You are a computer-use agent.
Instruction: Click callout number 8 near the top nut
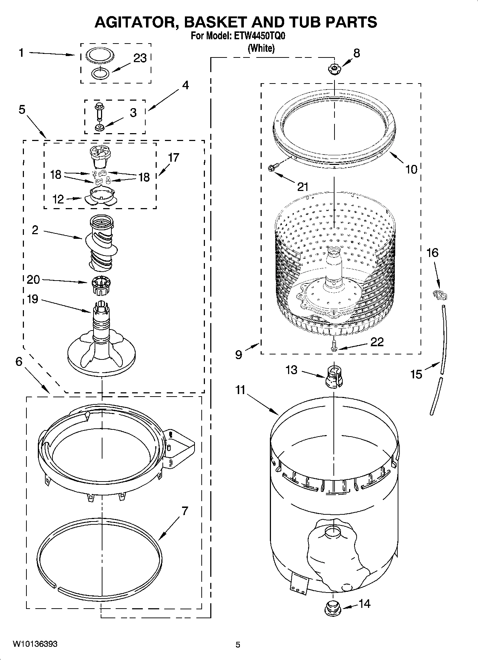[x=356, y=54]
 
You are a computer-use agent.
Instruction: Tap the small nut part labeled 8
[x=334, y=69]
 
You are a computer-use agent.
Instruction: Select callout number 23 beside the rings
[x=140, y=58]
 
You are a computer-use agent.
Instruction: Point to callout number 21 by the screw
[x=302, y=186]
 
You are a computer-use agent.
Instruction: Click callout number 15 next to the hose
[x=416, y=374]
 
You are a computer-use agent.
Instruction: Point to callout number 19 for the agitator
[x=32, y=299]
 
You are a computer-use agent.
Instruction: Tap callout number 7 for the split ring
[x=184, y=512]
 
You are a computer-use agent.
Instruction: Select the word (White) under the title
[x=261, y=48]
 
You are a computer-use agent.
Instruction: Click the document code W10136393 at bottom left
[x=35, y=644]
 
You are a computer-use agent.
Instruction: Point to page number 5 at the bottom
[x=238, y=645]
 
